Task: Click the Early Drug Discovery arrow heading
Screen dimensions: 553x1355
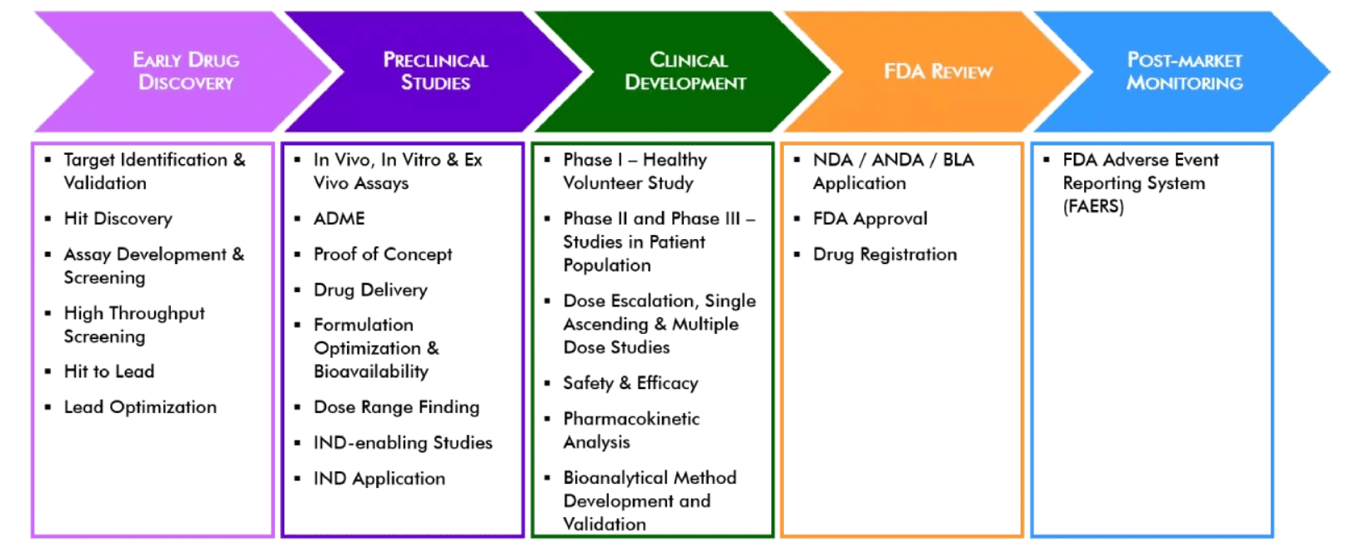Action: (186, 71)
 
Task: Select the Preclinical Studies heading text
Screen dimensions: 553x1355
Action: (435, 71)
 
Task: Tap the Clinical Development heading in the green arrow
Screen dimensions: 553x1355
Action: (685, 71)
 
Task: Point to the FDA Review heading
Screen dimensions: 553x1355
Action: (938, 72)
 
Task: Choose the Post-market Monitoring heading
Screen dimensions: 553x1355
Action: (1184, 71)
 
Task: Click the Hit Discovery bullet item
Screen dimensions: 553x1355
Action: (118, 219)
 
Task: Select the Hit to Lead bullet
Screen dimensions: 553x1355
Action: (109, 371)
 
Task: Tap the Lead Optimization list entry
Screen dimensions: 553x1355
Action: (140, 407)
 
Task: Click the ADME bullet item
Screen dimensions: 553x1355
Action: (339, 219)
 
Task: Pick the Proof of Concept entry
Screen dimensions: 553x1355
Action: (383, 255)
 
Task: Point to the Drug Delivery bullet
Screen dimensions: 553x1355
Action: (370, 290)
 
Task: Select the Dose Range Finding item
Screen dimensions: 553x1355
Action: (396, 407)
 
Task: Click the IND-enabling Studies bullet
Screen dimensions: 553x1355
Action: (403, 443)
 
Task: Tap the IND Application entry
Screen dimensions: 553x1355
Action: (379, 479)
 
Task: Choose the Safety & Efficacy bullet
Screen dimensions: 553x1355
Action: (630, 383)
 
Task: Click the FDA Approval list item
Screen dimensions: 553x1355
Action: (870, 219)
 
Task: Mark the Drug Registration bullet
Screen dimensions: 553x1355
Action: (885, 255)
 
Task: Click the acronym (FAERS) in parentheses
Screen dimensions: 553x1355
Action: (1093, 207)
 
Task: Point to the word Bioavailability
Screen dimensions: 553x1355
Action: (371, 371)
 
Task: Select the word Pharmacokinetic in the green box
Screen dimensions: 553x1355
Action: (631, 419)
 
